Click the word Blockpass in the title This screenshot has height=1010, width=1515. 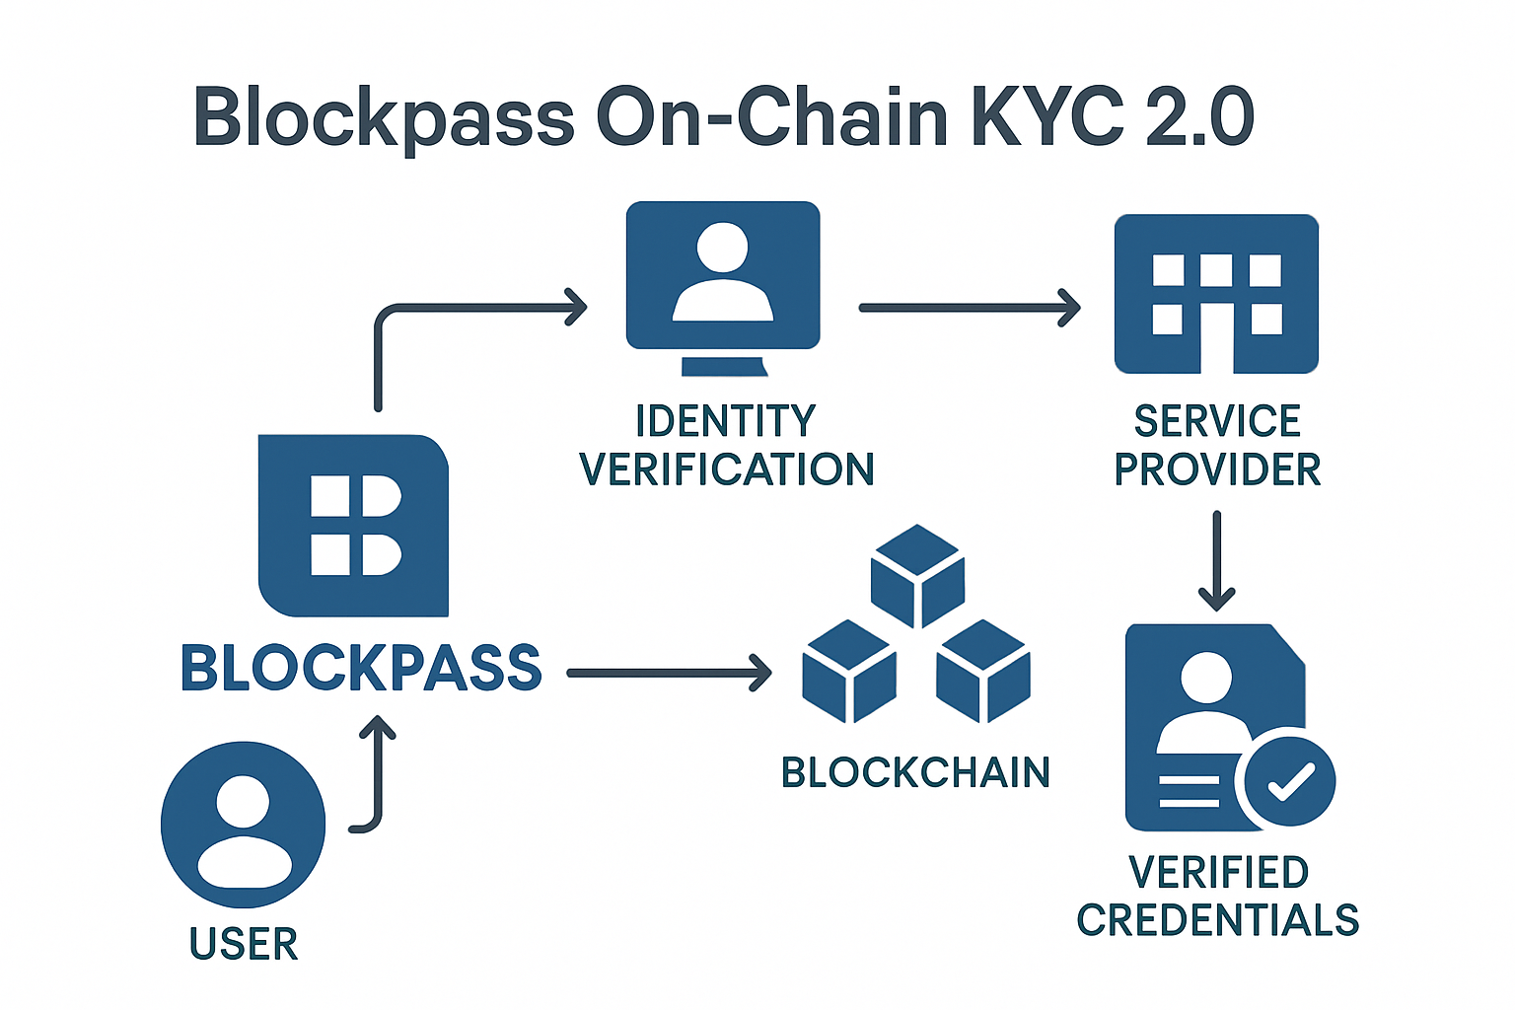(x=385, y=118)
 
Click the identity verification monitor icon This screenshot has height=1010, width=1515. (x=723, y=276)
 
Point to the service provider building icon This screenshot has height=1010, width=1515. (x=1216, y=294)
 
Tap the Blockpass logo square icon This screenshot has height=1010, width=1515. (x=353, y=525)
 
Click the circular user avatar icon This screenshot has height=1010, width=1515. (x=244, y=825)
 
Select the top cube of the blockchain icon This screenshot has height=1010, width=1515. (x=917, y=574)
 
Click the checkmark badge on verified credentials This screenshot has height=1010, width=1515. (x=1290, y=780)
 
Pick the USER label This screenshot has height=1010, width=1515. (x=244, y=944)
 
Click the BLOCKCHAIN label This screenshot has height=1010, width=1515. (x=915, y=772)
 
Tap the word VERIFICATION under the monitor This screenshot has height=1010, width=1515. (x=727, y=469)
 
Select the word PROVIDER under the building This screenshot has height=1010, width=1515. (x=1217, y=469)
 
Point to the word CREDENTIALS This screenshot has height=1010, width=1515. (x=1218, y=920)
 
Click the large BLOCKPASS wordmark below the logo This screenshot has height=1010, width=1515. (x=361, y=668)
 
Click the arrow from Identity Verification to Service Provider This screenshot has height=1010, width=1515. (x=970, y=308)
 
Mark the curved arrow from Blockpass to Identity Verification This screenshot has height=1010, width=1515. (x=464, y=308)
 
